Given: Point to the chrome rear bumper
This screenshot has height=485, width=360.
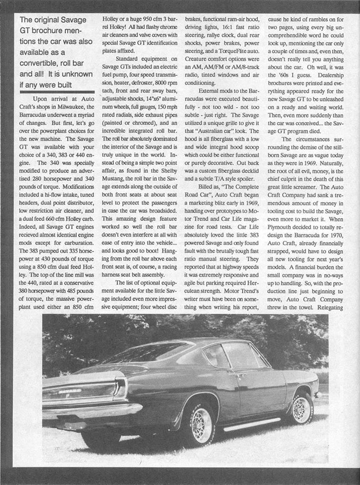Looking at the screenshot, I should pyautogui.click(x=94, y=410).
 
